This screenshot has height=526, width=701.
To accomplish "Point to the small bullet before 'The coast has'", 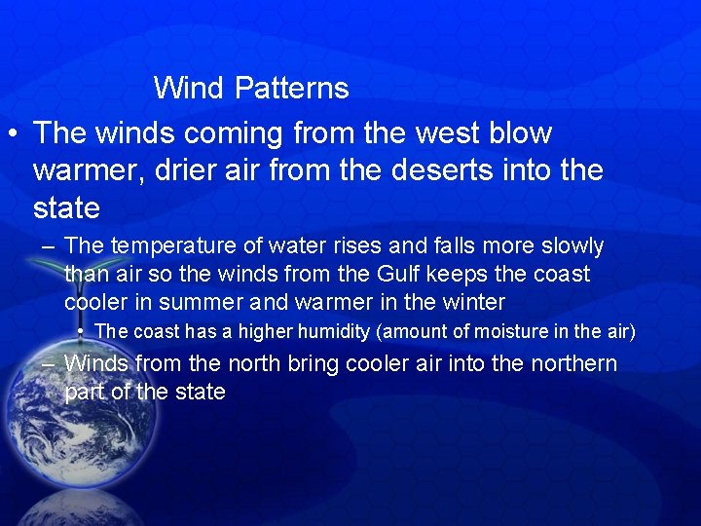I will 80,332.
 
